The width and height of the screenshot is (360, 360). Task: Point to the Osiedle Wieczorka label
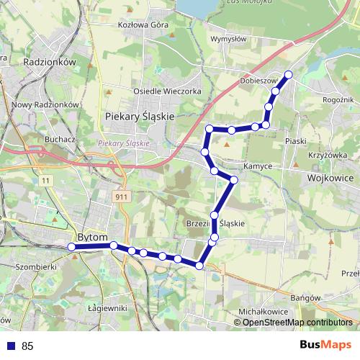point(166,91)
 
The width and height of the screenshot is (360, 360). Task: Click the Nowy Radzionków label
point(45,104)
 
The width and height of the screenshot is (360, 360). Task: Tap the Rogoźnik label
point(339,100)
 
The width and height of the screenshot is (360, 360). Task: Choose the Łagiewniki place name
point(107,308)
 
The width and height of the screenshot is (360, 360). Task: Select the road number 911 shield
point(121,195)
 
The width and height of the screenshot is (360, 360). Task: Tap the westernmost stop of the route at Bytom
point(71,247)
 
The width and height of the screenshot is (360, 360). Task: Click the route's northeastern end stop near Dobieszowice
point(289,74)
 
